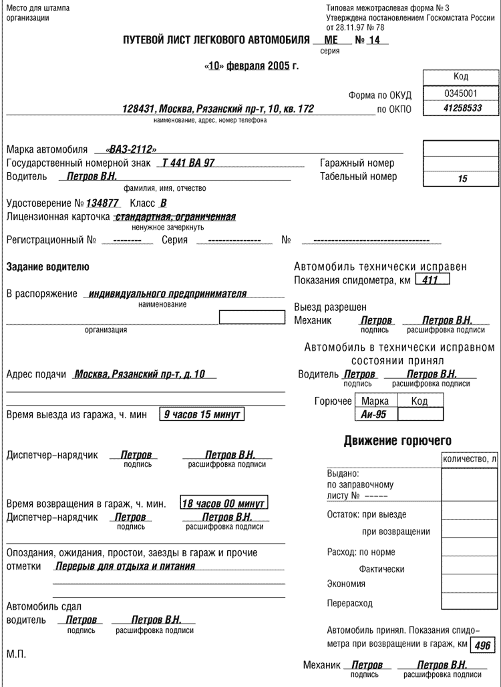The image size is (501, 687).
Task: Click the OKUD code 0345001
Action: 460,93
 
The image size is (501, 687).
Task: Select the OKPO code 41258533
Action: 462,107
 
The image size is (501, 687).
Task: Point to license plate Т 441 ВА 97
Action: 188,163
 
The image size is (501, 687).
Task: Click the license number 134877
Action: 102,203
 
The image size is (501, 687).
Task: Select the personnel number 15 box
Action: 462,179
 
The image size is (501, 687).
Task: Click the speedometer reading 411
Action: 431,280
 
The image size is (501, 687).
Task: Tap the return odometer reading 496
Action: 482,646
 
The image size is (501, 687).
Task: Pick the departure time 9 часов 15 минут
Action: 202,414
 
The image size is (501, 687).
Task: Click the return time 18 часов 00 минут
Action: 224,504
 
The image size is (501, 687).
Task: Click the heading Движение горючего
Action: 397,441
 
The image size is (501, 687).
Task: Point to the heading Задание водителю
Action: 47,267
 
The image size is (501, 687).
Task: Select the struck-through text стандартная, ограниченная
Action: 175,217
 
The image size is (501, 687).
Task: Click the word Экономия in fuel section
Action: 346,584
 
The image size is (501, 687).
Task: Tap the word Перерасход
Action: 349,604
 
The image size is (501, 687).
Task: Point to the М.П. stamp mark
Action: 16,654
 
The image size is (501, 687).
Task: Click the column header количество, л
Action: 470,460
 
